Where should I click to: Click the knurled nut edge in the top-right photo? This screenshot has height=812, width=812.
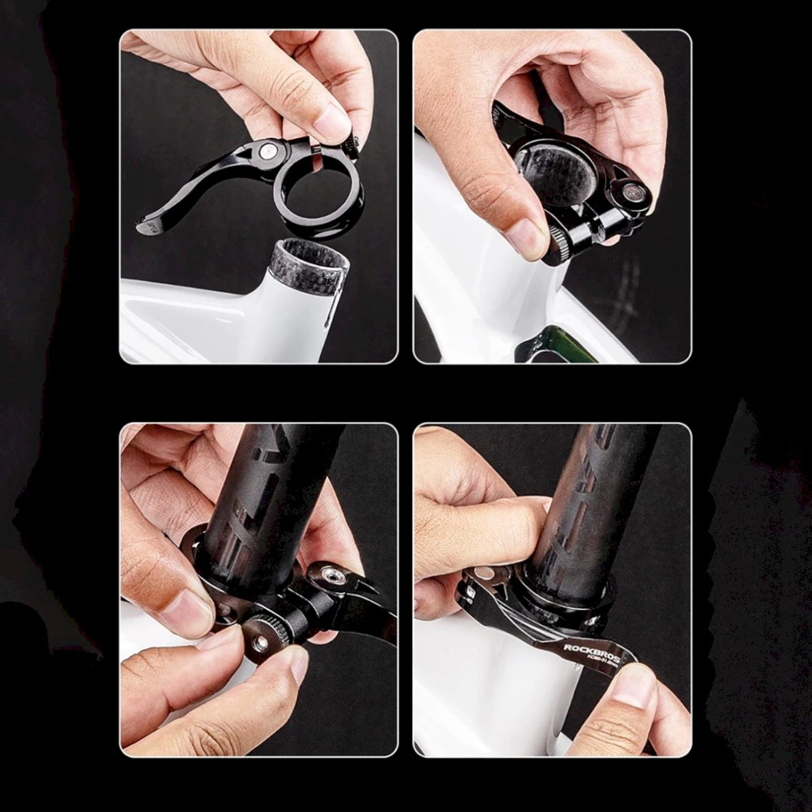[x=556, y=243]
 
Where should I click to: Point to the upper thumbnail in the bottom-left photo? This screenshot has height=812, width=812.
[x=187, y=608]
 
